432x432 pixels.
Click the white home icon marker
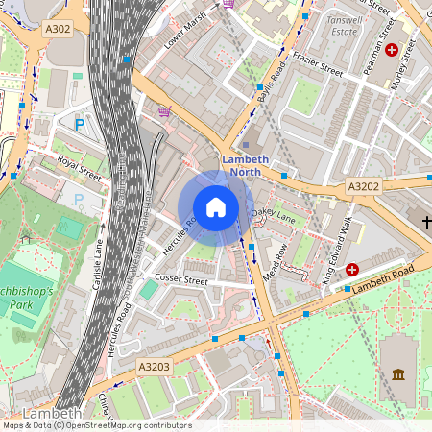click(x=216, y=207)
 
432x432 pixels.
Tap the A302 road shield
click(x=58, y=30)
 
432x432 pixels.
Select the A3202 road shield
click(x=364, y=186)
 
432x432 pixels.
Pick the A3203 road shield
click(x=154, y=367)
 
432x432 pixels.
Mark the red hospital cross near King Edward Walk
click(x=352, y=271)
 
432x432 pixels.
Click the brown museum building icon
click(x=398, y=372)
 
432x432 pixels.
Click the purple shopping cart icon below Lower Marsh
click(x=164, y=111)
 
